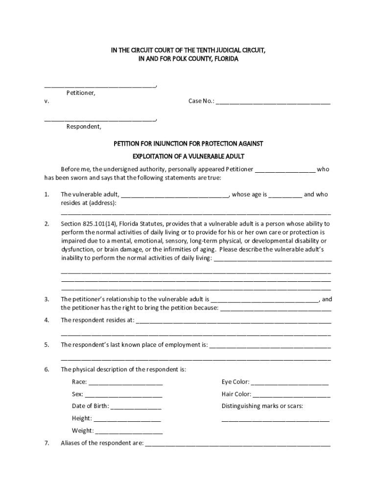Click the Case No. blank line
273,103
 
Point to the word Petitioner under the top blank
81,92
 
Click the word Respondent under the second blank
84,127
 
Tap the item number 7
47,443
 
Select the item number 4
47,320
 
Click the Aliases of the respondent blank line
237,445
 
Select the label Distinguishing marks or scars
262,406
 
